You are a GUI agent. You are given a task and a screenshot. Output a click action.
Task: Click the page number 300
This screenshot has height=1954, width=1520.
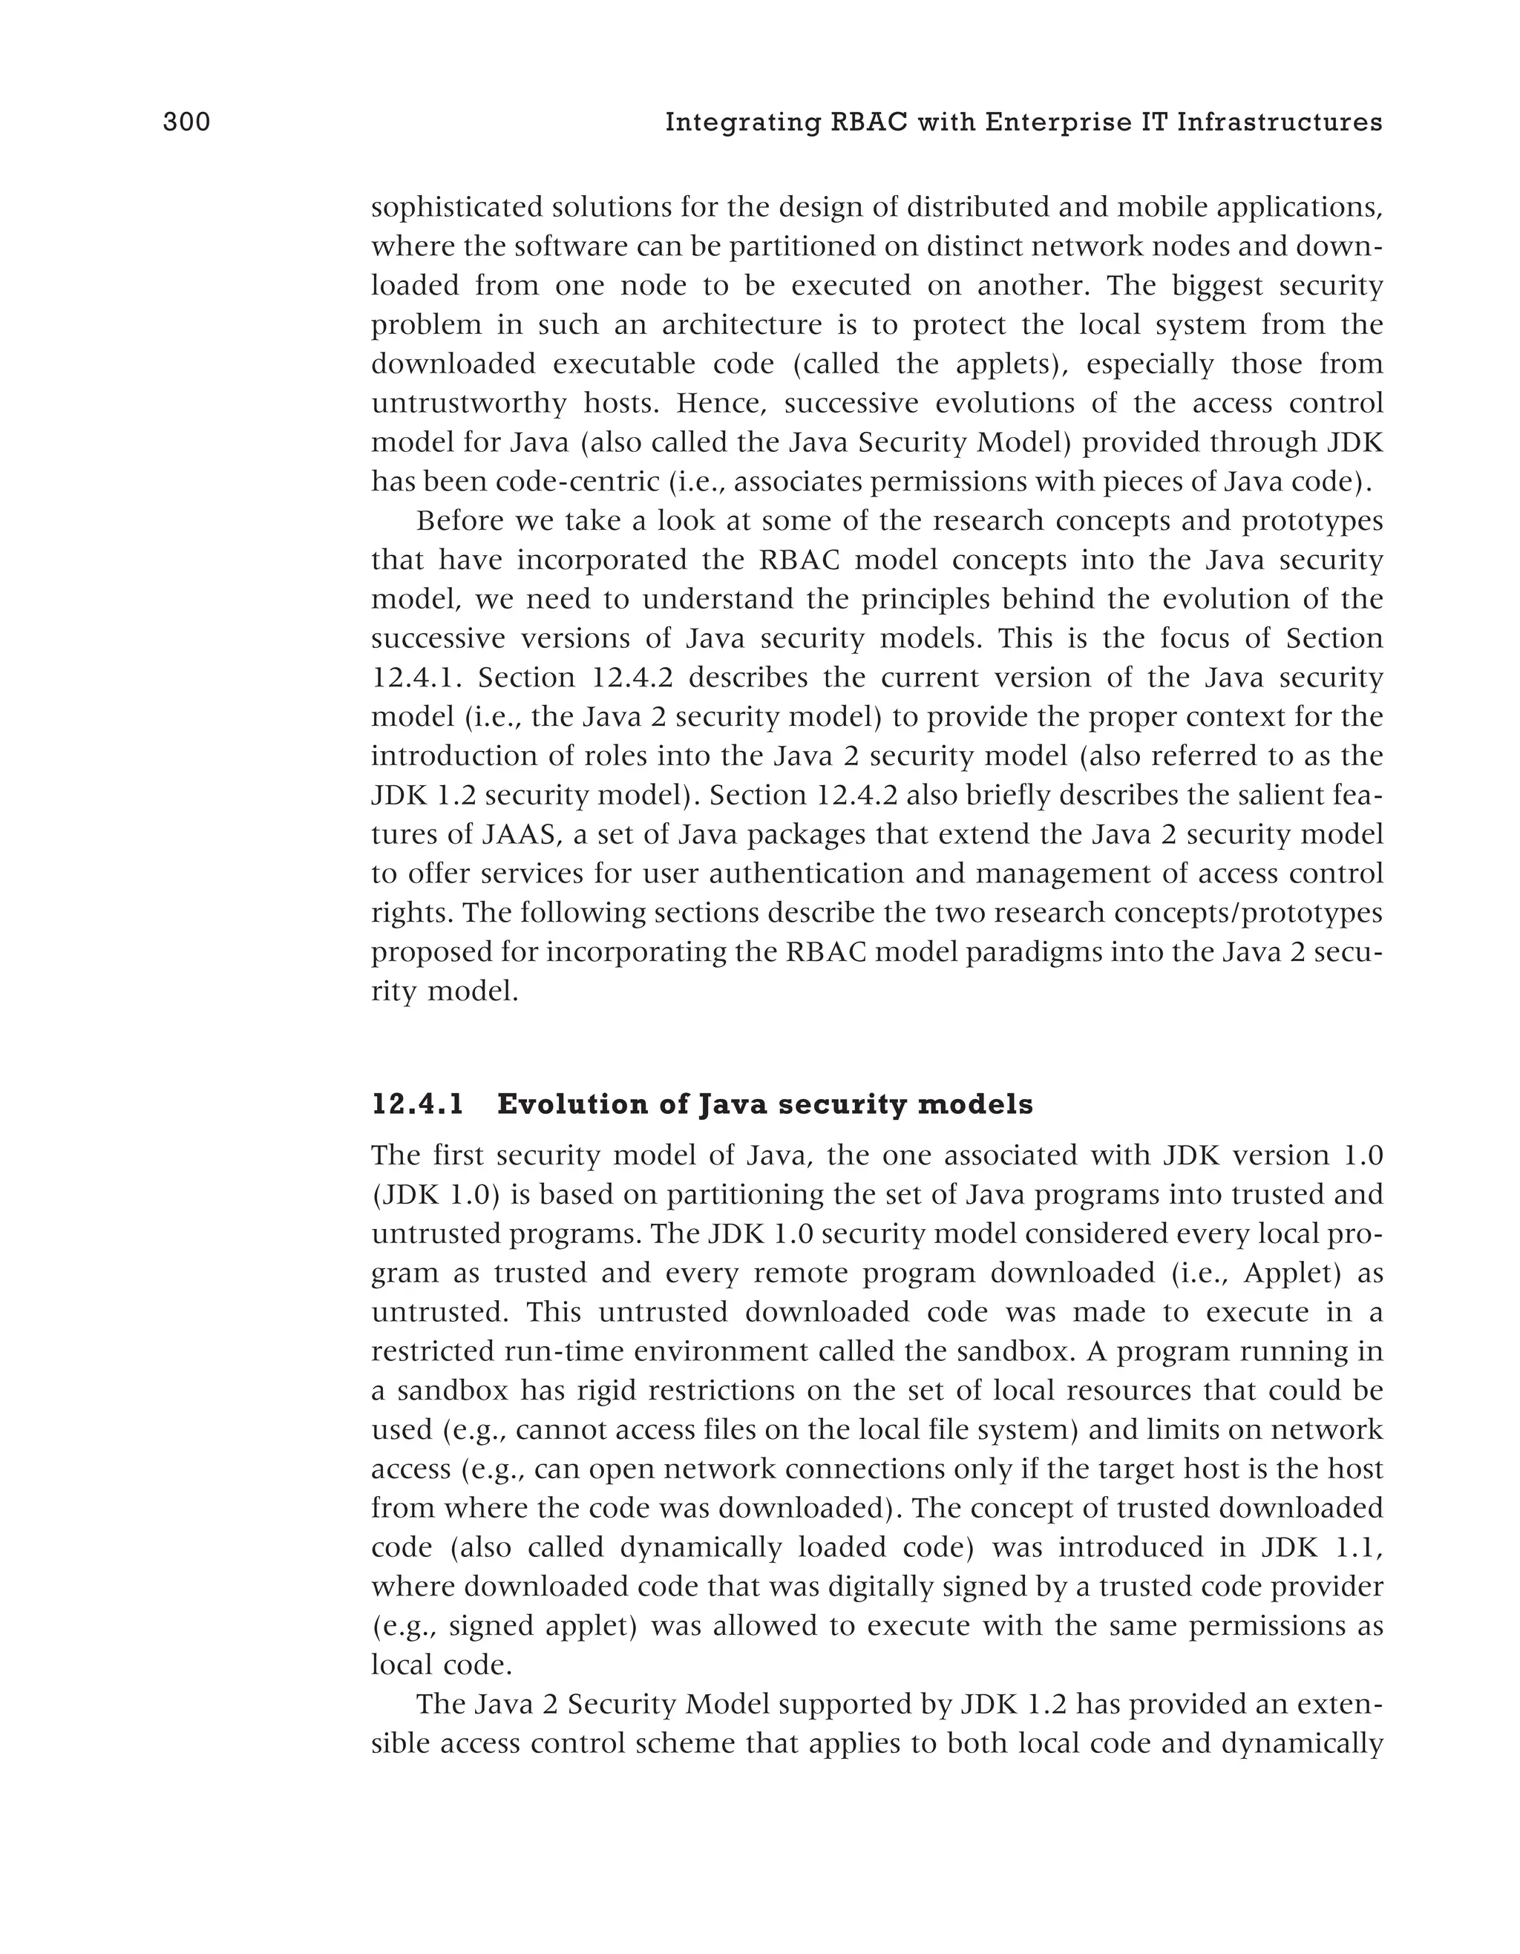tap(186, 122)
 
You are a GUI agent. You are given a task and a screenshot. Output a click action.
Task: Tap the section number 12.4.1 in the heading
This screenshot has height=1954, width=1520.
tap(418, 1104)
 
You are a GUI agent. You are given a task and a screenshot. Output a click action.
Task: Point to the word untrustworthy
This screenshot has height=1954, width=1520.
tap(469, 404)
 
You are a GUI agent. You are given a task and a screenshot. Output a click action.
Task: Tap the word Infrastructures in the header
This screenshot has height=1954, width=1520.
tap(1280, 122)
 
